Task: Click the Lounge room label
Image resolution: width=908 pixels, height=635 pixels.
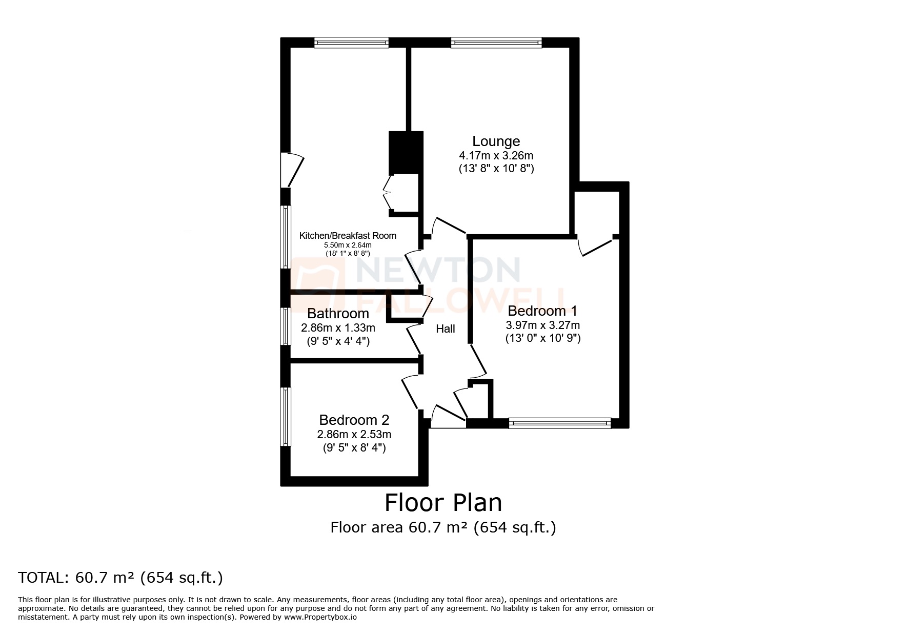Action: (496, 141)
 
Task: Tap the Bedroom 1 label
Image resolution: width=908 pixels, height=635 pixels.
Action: (542, 311)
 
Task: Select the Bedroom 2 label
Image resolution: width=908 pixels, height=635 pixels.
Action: (354, 420)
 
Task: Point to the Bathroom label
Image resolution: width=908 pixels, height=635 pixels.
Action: (338, 314)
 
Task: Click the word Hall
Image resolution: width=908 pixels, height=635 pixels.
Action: (445, 329)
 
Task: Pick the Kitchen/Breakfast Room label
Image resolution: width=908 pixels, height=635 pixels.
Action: (348, 236)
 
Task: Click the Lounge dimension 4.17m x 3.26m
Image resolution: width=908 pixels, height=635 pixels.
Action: (496, 155)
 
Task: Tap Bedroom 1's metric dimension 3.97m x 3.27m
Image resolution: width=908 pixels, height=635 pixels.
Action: (542, 325)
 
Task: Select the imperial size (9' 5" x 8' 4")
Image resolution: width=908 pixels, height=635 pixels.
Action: (354, 448)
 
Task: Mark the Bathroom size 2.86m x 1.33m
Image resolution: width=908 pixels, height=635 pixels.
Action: (338, 327)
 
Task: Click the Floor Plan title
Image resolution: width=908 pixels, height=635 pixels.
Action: (443, 503)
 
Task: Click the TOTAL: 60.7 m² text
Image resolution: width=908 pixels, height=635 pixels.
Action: (120, 578)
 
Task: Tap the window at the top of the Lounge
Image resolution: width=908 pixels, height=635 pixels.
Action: (496, 43)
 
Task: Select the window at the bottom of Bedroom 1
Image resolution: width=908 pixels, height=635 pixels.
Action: (559, 423)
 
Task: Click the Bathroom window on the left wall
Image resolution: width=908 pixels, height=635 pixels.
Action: (286, 326)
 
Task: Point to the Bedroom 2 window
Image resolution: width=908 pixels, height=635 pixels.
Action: (286, 417)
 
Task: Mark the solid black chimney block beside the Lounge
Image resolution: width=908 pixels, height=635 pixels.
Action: (406, 153)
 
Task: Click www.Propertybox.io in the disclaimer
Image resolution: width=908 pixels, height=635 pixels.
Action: (320, 618)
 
